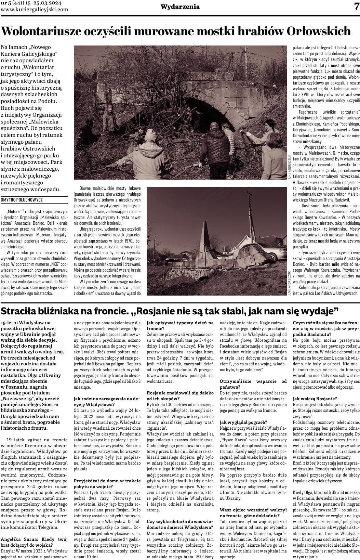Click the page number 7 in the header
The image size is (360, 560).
click(x=356, y=6)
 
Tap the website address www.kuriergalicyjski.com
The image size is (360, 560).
click(x=35, y=10)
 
